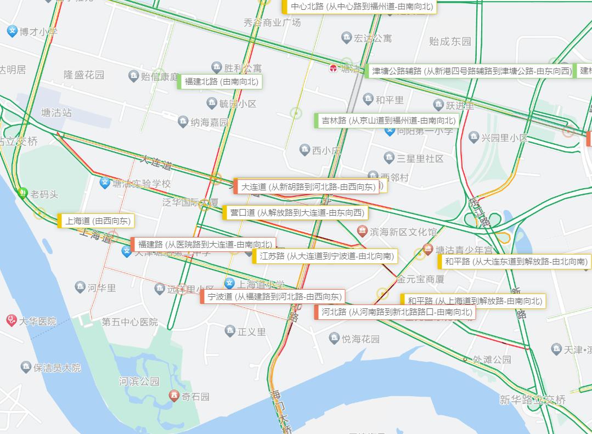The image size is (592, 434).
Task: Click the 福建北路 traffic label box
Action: click(219, 82)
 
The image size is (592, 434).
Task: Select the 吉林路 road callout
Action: click(387, 121)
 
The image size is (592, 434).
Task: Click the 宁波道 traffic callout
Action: click(273, 297)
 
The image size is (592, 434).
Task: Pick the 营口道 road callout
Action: click(295, 212)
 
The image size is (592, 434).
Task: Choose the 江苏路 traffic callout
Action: click(325, 256)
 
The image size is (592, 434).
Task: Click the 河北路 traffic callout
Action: click(394, 312)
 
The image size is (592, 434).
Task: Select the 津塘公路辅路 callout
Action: click(469, 71)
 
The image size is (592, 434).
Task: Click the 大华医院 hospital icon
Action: click(12, 320)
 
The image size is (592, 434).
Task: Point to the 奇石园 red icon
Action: click(174, 396)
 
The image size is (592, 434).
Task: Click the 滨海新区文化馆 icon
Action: click(362, 232)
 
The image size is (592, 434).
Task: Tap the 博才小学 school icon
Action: click(12, 31)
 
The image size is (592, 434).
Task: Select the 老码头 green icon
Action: click(22, 193)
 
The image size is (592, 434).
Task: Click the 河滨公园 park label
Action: click(139, 381)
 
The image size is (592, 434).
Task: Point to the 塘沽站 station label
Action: click(57, 112)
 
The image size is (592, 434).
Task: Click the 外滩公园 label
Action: click(492, 360)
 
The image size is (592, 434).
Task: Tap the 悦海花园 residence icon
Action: click(334, 339)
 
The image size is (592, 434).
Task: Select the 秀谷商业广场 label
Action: click(272, 22)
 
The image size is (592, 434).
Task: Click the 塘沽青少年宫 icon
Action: click(428, 249)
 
